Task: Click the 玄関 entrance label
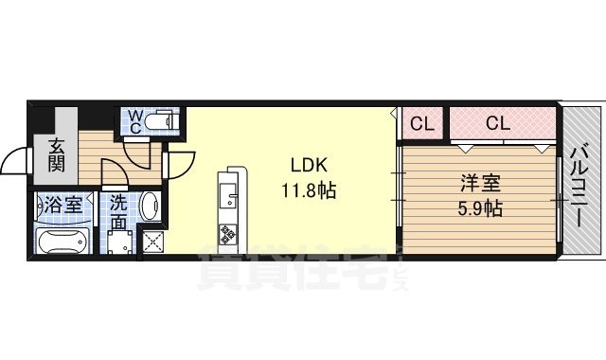58,154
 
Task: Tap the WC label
136,120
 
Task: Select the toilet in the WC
165,120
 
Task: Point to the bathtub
60,241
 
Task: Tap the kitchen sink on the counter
229,195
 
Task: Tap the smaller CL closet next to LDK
422,122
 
